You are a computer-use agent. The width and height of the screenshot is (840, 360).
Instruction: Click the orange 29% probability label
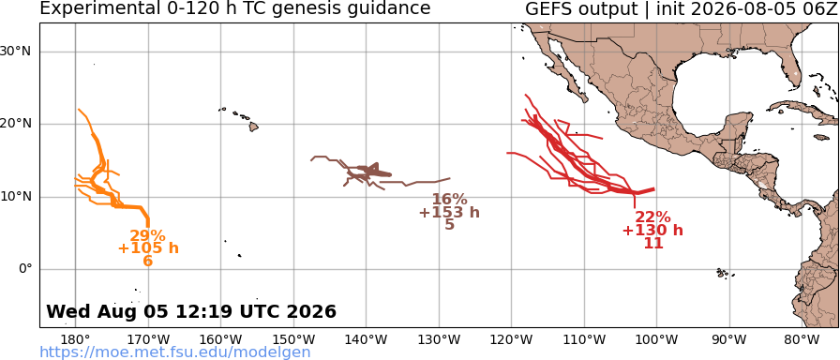147,235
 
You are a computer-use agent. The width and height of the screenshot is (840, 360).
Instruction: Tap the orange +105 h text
148,248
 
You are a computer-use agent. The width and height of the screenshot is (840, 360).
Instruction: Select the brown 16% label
449,200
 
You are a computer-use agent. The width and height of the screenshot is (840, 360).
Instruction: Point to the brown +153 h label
449,213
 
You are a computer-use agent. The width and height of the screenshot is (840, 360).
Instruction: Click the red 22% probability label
653,217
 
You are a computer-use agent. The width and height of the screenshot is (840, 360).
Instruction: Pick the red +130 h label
653,231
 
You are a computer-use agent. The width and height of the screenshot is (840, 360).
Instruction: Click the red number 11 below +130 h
653,243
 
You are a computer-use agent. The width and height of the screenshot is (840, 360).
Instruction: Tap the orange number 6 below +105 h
148,261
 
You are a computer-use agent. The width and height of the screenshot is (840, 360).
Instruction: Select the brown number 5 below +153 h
449,225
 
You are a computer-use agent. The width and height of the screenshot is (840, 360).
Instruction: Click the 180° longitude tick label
76,339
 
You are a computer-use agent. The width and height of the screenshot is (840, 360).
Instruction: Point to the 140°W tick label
367,339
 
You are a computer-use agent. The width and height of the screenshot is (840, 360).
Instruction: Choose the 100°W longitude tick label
657,339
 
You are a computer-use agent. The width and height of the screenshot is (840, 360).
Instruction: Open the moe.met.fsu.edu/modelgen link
175,352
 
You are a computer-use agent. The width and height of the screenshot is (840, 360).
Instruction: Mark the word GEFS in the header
548,9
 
